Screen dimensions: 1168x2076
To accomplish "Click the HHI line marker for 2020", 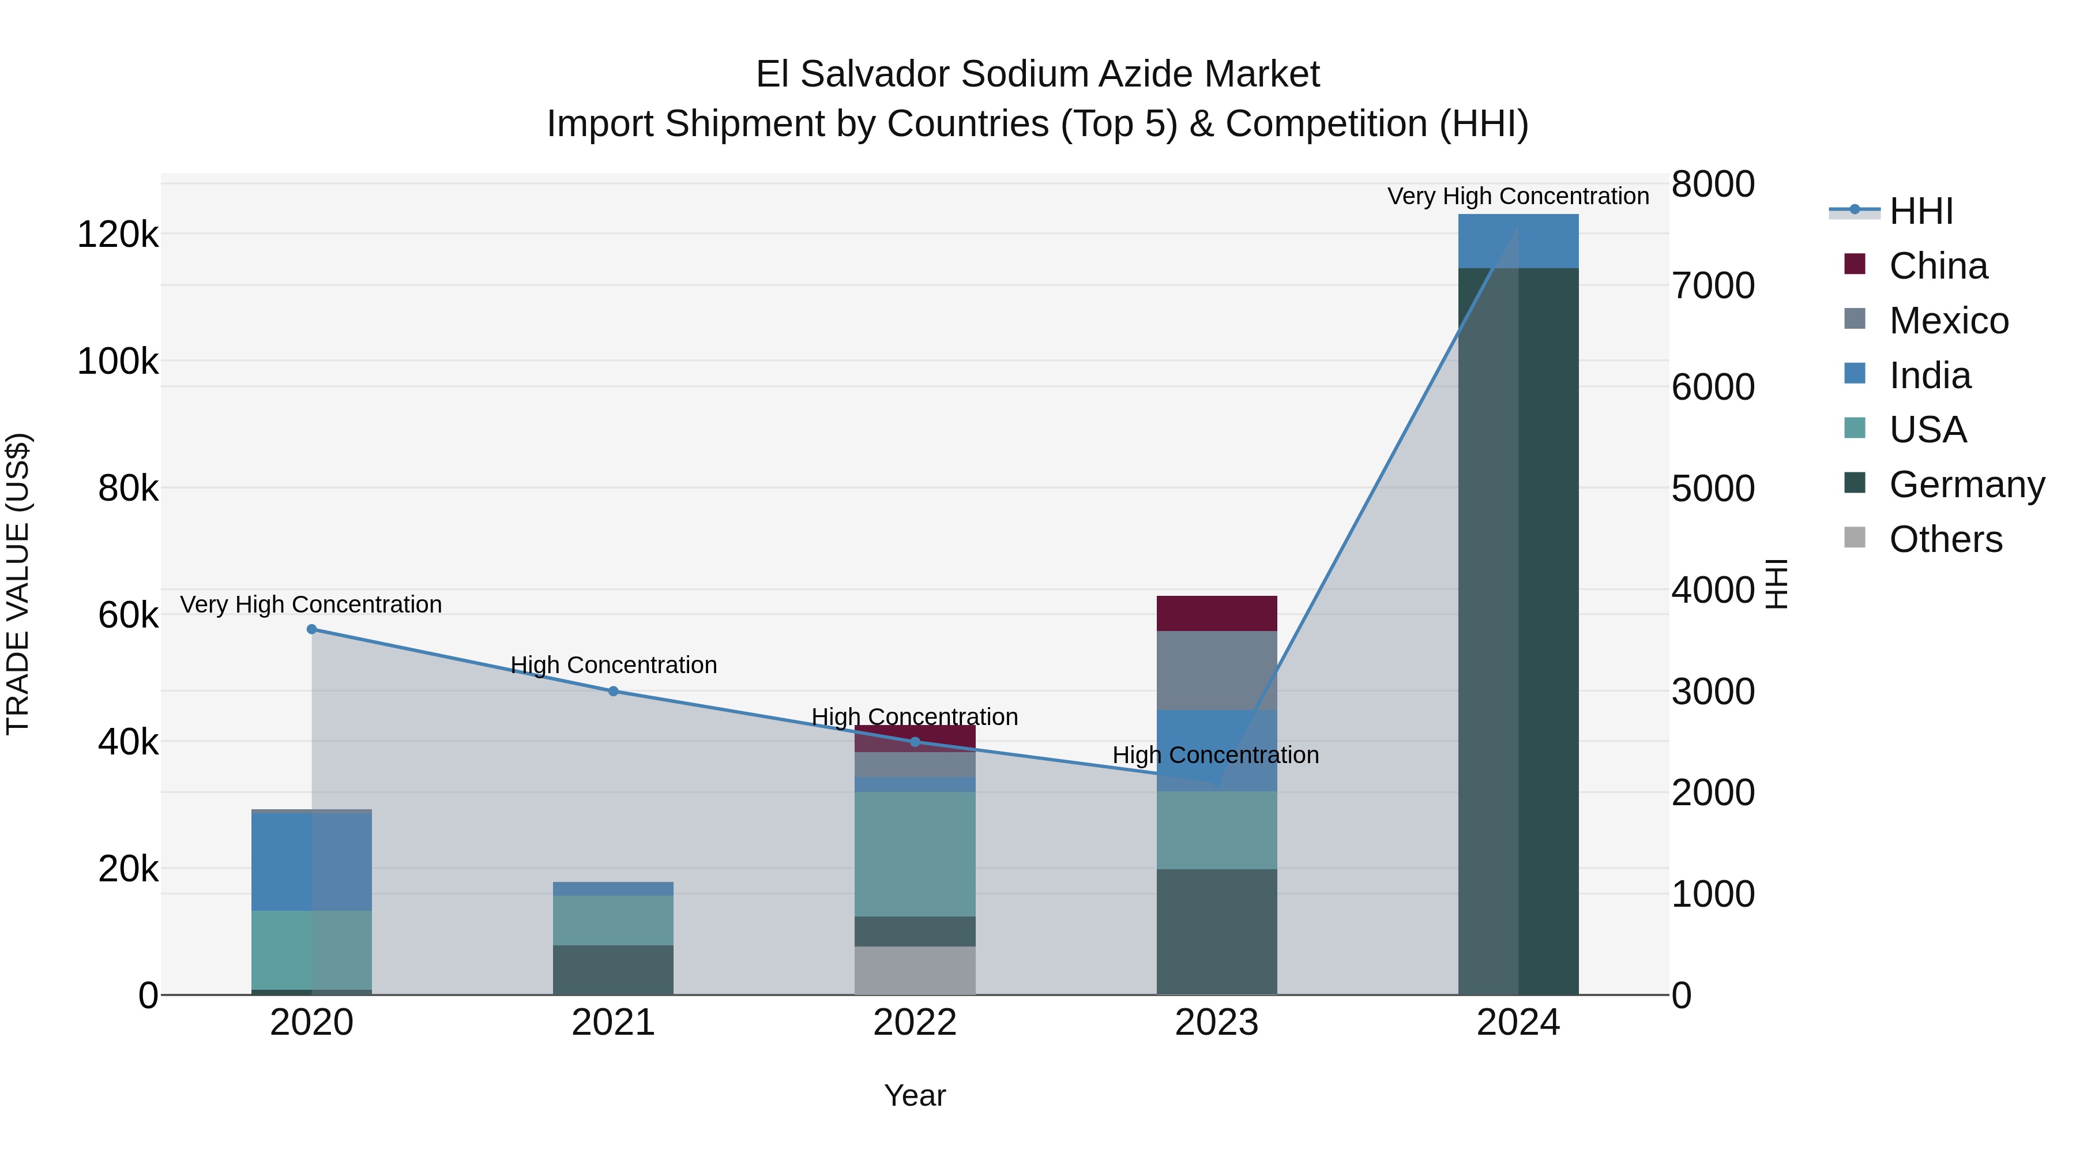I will click(x=312, y=629).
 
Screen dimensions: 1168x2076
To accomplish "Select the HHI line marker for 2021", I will click(x=614, y=691).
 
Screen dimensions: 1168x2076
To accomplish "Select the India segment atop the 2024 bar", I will click(x=1518, y=241).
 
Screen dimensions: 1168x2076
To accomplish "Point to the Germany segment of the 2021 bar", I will click(x=614, y=970).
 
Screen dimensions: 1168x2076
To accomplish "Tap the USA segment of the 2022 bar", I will click(x=915, y=854).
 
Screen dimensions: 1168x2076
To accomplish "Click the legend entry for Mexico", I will click(x=1948, y=321).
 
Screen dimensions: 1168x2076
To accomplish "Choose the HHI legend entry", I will click(x=1920, y=211).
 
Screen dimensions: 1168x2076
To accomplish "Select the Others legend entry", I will click(x=1945, y=539).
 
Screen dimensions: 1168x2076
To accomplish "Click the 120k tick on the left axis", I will click(x=118, y=235).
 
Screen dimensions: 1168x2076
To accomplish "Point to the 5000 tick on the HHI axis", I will click(x=1713, y=489).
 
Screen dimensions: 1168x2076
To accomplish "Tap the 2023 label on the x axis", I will click(x=1216, y=1023).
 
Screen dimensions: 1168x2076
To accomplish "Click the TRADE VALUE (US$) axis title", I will click(x=18, y=584).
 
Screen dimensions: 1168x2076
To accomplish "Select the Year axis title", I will click(x=915, y=1095).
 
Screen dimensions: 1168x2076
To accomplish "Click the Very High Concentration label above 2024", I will click(x=1518, y=196).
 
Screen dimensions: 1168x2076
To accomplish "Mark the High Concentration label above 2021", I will click(x=614, y=665).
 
